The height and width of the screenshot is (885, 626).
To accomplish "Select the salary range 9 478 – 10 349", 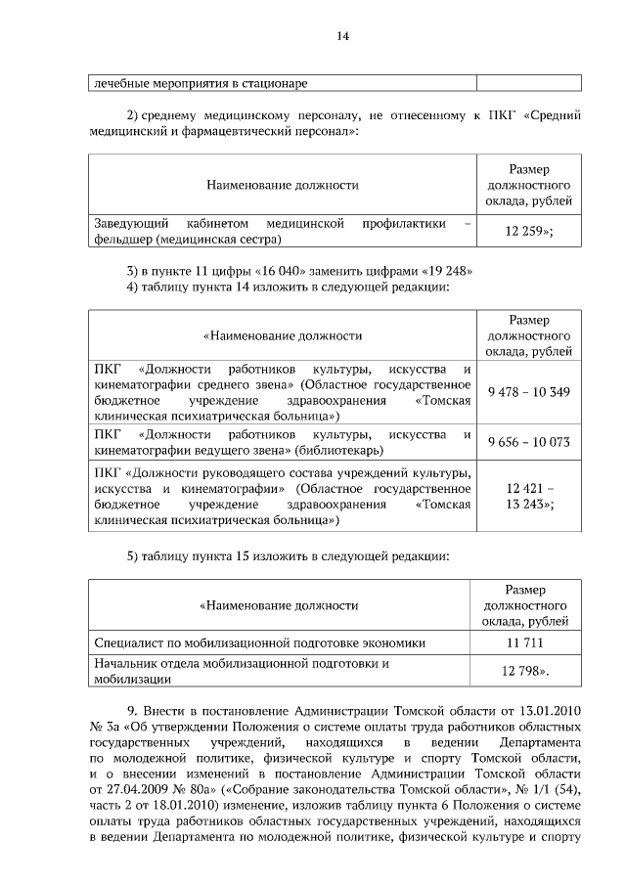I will coord(528,391).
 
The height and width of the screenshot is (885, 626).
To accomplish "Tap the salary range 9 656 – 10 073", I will coord(528,442).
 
